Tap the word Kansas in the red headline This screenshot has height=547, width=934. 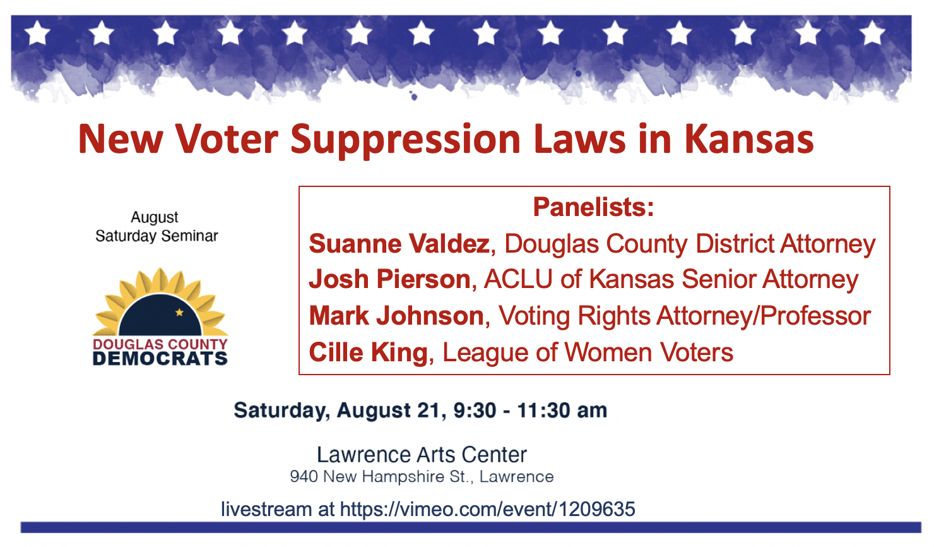pyautogui.click(x=749, y=140)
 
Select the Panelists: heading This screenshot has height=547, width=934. pyautogui.click(x=593, y=207)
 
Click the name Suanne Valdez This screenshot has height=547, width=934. pyautogui.click(x=399, y=244)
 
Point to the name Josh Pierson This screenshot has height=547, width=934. pyautogui.click(x=389, y=280)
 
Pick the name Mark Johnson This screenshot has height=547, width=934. pyautogui.click(x=396, y=316)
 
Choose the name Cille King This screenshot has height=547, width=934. pyautogui.click(x=368, y=352)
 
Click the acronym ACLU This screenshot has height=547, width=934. pyautogui.click(x=518, y=280)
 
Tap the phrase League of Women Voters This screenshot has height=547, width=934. pyautogui.click(x=588, y=352)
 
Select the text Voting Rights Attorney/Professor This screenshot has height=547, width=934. pyautogui.click(x=685, y=316)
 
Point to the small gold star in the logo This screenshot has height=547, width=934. pyautogui.click(x=179, y=312)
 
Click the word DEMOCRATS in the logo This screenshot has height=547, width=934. pyautogui.click(x=160, y=359)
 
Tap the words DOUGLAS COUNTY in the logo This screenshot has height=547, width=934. pyautogui.click(x=160, y=344)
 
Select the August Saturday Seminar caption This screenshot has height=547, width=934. pyautogui.click(x=157, y=227)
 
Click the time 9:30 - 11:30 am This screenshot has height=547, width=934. pyautogui.click(x=530, y=411)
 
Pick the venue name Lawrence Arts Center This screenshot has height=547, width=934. pyautogui.click(x=422, y=455)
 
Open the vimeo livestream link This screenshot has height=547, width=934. pyautogui.click(x=487, y=509)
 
